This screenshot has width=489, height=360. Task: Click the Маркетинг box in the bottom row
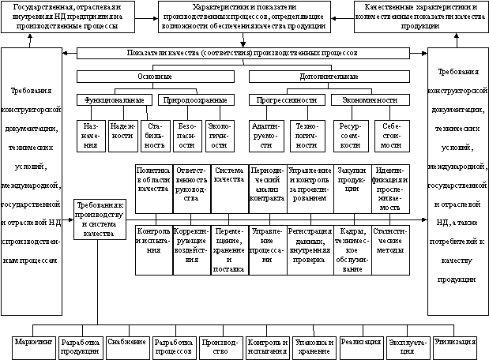35,346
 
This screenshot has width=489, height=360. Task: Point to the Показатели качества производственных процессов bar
243,54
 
